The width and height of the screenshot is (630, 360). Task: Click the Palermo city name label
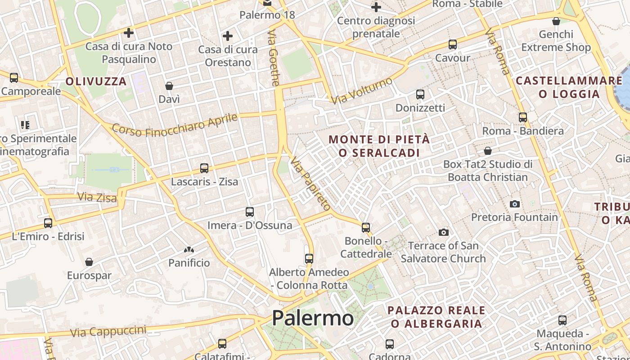tap(313, 318)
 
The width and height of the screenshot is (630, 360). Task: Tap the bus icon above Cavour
tap(453, 45)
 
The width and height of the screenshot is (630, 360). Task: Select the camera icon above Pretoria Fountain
tap(515, 204)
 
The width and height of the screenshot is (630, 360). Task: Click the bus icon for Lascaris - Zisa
tap(204, 168)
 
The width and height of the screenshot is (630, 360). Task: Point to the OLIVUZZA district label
tap(96, 81)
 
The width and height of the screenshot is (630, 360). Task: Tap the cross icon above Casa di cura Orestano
tap(228, 36)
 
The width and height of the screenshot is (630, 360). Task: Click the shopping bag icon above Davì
tap(169, 85)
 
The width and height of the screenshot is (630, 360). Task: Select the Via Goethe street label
tap(274, 58)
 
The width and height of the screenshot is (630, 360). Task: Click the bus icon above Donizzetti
tap(420, 94)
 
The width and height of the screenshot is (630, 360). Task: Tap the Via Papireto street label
tap(310, 184)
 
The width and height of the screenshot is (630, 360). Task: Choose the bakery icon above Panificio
tap(189, 249)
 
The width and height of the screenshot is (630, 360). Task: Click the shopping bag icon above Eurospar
tap(89, 262)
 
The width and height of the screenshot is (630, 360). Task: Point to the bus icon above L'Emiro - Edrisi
tap(48, 223)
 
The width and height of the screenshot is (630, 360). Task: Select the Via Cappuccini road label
tap(108, 332)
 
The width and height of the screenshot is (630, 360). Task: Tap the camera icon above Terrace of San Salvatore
tap(444, 232)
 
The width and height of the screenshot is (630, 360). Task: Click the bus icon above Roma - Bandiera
tap(523, 117)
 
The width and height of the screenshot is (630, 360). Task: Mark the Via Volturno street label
tap(362, 90)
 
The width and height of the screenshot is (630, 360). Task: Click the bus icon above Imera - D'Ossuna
tap(250, 211)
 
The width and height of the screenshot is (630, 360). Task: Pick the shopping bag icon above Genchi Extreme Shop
tap(556, 21)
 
